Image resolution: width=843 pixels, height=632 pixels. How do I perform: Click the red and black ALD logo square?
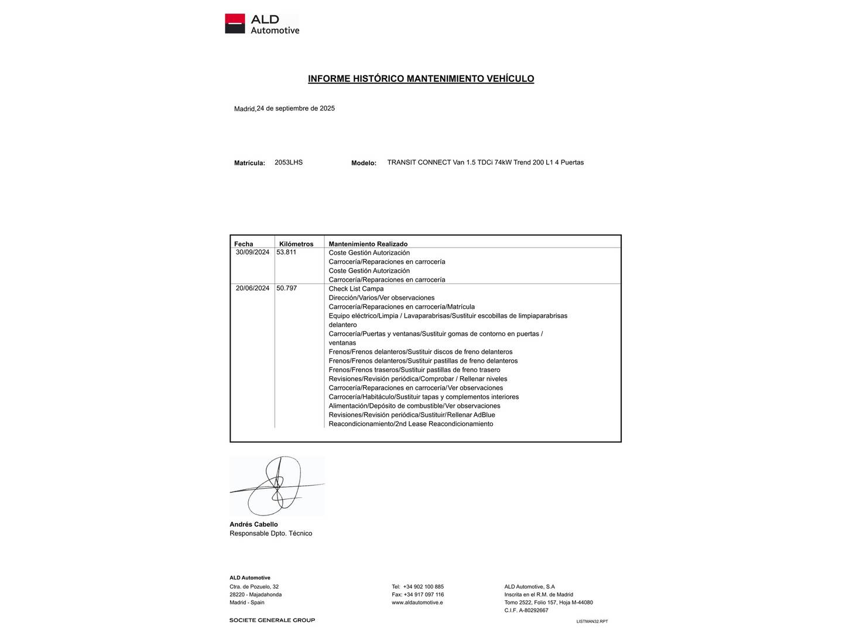(x=235, y=24)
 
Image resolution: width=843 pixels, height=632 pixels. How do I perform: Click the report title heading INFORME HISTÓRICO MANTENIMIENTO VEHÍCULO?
(x=421, y=78)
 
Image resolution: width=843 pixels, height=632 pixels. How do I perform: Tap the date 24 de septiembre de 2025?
(x=296, y=108)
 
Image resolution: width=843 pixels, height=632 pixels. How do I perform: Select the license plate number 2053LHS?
(x=289, y=163)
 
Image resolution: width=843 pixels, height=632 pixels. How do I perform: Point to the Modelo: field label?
(x=364, y=163)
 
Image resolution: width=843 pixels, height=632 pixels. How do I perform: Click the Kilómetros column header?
(x=296, y=244)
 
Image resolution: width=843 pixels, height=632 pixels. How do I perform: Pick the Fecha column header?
(x=244, y=244)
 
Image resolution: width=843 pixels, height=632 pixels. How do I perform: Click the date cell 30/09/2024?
(x=252, y=252)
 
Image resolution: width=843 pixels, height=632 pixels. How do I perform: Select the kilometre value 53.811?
(x=286, y=252)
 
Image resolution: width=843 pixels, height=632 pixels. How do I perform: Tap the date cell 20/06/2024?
(x=252, y=288)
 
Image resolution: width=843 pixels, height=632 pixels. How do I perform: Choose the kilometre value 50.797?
(x=286, y=288)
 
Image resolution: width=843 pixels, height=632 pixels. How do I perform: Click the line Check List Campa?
(x=356, y=288)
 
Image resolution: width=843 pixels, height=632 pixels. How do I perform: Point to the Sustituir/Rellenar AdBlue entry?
(x=412, y=415)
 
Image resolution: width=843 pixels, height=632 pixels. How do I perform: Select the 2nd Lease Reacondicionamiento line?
(x=411, y=424)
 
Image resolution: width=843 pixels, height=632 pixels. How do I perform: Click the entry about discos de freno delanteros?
(x=420, y=352)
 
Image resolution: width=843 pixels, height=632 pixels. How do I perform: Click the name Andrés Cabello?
(x=253, y=524)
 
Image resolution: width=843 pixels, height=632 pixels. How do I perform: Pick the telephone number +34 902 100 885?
(x=423, y=586)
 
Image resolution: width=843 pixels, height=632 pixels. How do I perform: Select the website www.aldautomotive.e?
(x=417, y=602)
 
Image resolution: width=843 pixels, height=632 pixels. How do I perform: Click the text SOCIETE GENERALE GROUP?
(x=272, y=620)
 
